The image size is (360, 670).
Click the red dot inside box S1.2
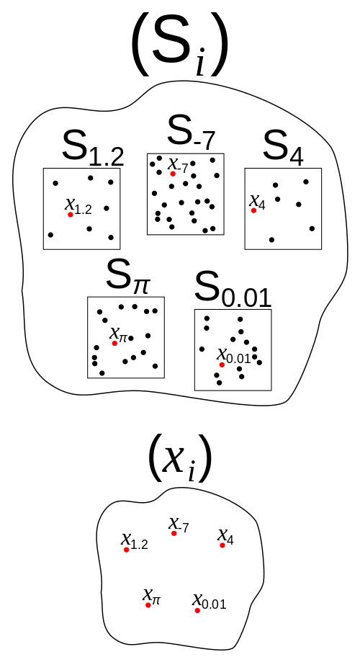click(x=71, y=215)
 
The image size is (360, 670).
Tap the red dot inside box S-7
click(x=173, y=174)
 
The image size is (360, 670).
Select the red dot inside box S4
click(x=253, y=210)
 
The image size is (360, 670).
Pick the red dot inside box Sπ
click(x=114, y=343)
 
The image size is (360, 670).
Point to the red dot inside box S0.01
click(x=222, y=365)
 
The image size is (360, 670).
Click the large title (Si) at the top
click(x=179, y=45)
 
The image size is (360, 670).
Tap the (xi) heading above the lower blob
click(x=179, y=457)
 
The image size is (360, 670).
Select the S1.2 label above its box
click(x=93, y=148)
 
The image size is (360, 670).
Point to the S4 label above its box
click(x=284, y=148)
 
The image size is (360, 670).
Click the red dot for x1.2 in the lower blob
click(x=127, y=550)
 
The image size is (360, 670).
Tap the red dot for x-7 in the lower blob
click(x=174, y=533)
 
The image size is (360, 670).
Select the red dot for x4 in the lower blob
click(x=222, y=545)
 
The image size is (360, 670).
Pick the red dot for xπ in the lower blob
click(x=148, y=605)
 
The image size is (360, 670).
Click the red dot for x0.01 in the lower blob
click(x=197, y=611)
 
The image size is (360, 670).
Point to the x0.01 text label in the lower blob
click(x=210, y=602)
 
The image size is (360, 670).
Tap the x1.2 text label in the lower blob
click(x=135, y=541)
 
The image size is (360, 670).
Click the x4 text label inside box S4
click(x=258, y=202)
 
